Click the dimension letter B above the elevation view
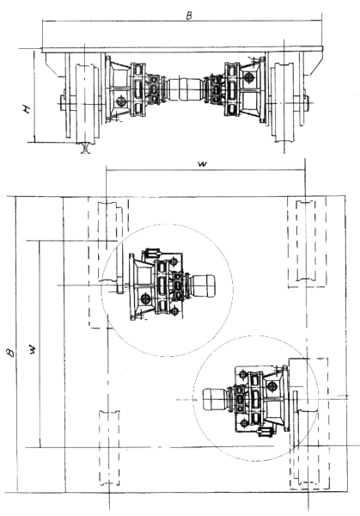point(189,15)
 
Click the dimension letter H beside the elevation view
point(27,109)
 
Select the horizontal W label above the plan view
point(203,164)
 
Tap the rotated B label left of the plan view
point(11,353)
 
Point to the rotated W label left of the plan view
point(33,349)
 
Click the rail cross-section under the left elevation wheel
point(86,148)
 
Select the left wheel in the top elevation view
point(87,103)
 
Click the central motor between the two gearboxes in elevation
point(185,89)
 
